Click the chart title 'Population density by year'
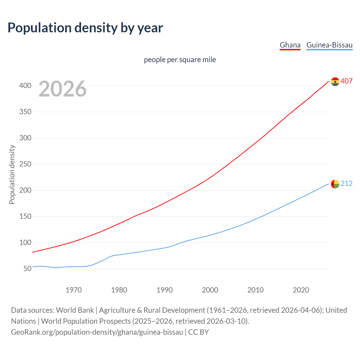(85, 28)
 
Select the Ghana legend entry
(290, 45)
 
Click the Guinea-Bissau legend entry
(329, 45)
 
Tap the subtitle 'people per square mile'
(180, 60)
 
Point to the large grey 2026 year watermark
(62, 89)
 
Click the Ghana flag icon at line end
(335, 82)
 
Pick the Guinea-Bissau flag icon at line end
(335, 184)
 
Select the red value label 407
(346, 81)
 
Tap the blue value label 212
(346, 183)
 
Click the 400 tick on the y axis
(25, 85)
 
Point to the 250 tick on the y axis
(25, 164)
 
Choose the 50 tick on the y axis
(27, 269)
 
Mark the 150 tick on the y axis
(25, 216)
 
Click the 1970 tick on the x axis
(74, 290)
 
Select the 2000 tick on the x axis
(210, 290)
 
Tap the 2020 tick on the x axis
(301, 290)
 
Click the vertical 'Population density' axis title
(12, 174)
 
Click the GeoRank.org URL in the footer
(97, 332)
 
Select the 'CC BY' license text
(199, 332)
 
